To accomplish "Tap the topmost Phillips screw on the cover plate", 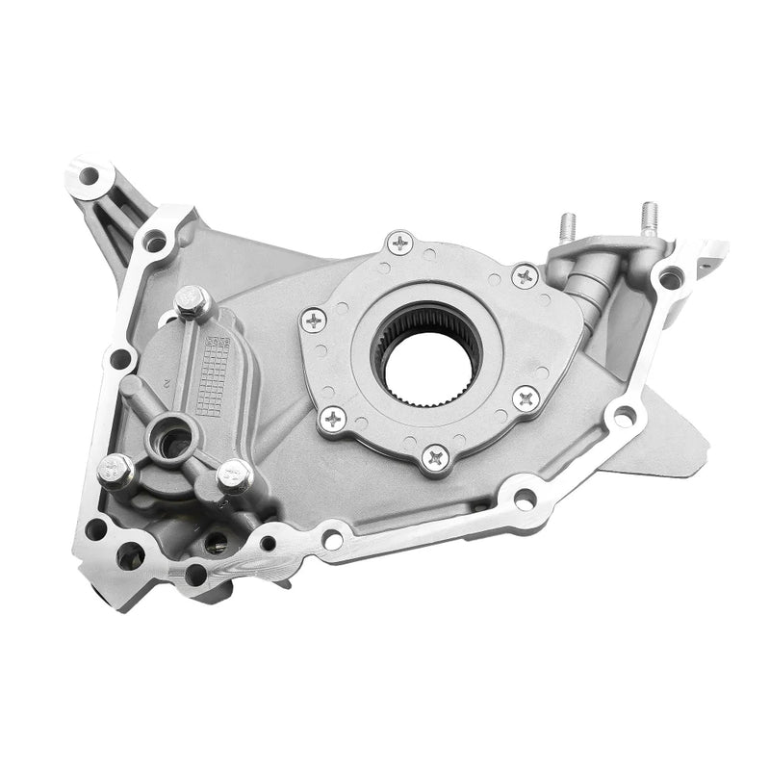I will click(x=399, y=242).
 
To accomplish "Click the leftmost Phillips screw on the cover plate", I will click(x=313, y=320).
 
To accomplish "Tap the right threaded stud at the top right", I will click(x=650, y=218).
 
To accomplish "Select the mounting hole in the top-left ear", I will click(x=89, y=177).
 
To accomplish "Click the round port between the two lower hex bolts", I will click(x=173, y=442).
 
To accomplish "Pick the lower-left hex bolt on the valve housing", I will click(x=115, y=470).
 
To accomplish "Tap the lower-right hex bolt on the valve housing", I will click(x=235, y=474).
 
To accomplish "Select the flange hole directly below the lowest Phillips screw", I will click(x=525, y=499).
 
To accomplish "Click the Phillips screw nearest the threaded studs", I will click(x=525, y=276).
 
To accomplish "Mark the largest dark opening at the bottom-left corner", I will click(x=130, y=555).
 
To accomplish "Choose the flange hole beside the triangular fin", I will click(x=624, y=416).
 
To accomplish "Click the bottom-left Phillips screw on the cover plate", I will click(x=332, y=418).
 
